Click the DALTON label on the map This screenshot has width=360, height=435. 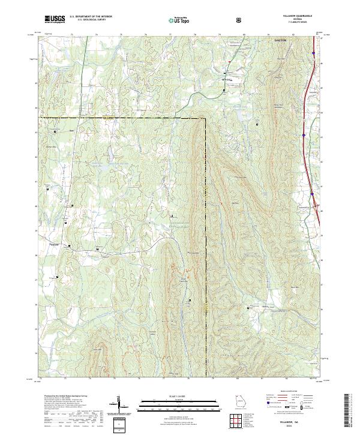280,40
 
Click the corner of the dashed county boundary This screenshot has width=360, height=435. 205,118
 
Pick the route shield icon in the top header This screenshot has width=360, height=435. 240,20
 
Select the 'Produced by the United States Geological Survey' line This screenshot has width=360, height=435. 67,397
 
